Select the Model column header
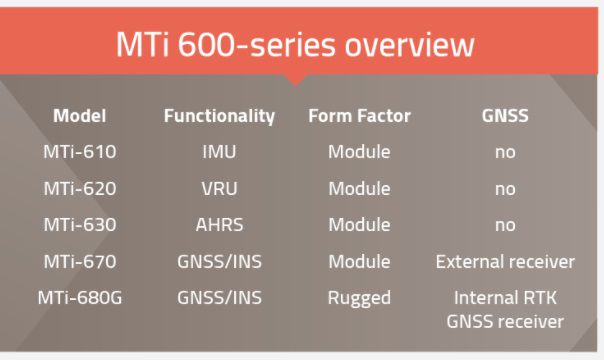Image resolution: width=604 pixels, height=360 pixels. [x=80, y=116]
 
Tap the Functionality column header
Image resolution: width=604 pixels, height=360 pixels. [x=219, y=116]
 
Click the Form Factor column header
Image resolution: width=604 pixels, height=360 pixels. [x=359, y=116]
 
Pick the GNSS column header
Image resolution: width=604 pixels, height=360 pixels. [x=505, y=116]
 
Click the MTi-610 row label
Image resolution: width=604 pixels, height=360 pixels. [x=80, y=153]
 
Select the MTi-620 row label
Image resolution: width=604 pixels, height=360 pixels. [x=80, y=189]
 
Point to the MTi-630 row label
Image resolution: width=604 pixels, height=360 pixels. [x=80, y=225]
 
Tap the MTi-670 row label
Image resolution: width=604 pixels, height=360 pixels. [x=80, y=262]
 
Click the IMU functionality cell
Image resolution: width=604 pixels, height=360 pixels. [x=219, y=153]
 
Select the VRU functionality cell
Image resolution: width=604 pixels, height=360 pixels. [x=219, y=189]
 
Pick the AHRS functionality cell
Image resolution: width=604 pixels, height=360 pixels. [x=219, y=225]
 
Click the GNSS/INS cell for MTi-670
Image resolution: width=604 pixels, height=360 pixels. [x=219, y=262]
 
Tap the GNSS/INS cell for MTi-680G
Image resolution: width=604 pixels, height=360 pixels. [x=219, y=298]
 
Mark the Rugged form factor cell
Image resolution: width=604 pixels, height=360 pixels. [x=359, y=298]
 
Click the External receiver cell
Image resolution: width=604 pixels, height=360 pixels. [x=505, y=262]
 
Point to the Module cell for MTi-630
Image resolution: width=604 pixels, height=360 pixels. [x=359, y=225]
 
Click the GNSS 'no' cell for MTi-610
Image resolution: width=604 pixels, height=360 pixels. [x=505, y=153]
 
